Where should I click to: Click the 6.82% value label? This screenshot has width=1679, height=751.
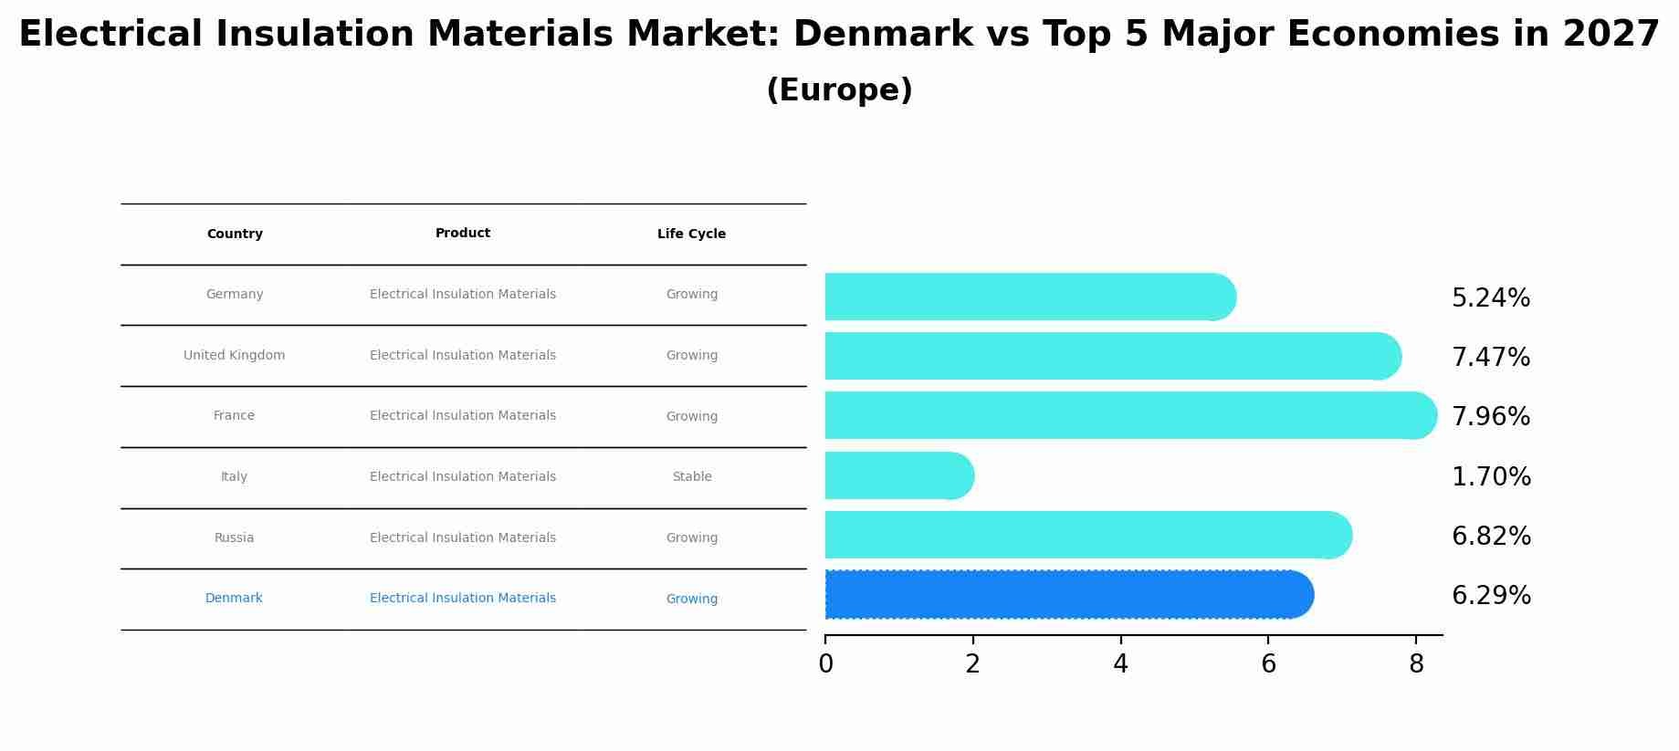coord(1491,537)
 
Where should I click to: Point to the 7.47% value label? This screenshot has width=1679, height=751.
coord(1491,358)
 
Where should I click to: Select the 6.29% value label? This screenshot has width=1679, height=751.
coord(1491,596)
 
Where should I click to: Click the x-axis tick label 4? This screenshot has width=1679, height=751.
coord(1120,664)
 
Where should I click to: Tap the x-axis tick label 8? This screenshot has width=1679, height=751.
coord(1416,664)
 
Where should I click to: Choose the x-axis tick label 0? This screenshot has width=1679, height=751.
coord(825,664)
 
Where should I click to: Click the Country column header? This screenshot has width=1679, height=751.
coord(235,235)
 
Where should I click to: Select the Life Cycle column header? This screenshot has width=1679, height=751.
coord(691,235)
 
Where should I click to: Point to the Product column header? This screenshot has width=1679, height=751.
coord(463,234)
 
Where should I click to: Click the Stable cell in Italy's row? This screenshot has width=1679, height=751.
coord(691,476)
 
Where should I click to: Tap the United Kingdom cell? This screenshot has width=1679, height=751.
coord(234,355)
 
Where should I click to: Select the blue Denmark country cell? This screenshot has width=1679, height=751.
coord(234,599)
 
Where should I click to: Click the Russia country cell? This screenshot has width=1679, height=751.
coord(234,537)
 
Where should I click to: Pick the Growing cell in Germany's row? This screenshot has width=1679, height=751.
coord(691,295)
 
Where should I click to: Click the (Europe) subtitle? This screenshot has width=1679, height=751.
coord(839,90)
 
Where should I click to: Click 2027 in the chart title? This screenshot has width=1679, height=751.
coord(1611,35)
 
